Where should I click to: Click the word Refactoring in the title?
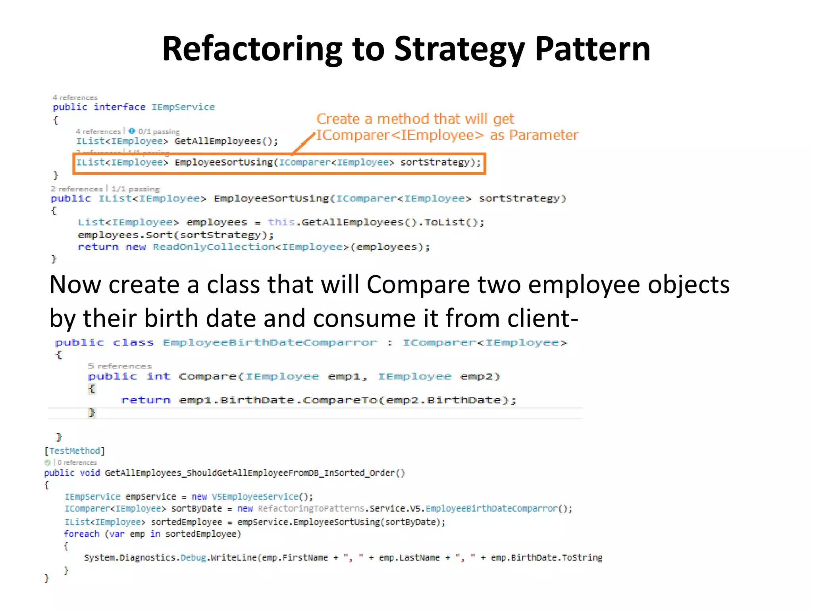252,50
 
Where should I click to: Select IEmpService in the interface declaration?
183,107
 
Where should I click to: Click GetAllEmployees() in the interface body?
226,141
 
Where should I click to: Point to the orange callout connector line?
304,143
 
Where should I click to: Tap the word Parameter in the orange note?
543,135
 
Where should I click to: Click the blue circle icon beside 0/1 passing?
132,131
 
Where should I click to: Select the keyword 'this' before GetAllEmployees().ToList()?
281,222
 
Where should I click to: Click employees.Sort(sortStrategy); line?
176,235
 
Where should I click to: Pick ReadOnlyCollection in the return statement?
214,247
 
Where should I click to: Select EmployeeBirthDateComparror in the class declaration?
270,343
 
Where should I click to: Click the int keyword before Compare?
158,376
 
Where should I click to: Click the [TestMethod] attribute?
75,451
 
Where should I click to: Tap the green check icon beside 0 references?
48,463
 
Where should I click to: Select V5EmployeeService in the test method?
255,497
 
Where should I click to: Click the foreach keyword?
81,534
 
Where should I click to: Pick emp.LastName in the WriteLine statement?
409,558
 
